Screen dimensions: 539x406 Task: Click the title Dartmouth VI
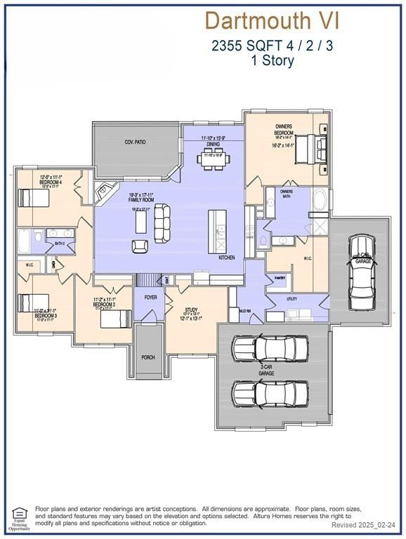[272, 20]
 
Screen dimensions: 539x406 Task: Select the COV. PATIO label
[134, 142]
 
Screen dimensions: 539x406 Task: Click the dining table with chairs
[213, 160]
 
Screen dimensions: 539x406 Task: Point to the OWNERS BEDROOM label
[283, 130]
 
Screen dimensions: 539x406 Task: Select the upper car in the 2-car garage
[270, 348]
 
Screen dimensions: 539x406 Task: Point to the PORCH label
[148, 357]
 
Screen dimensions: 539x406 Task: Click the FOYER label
[150, 297]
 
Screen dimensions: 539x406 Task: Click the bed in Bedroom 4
[33, 198]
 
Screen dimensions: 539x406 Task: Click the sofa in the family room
[162, 220]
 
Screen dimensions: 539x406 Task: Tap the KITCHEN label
[227, 258]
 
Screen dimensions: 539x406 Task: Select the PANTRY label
[280, 278]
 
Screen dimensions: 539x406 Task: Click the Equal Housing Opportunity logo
[19, 517]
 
